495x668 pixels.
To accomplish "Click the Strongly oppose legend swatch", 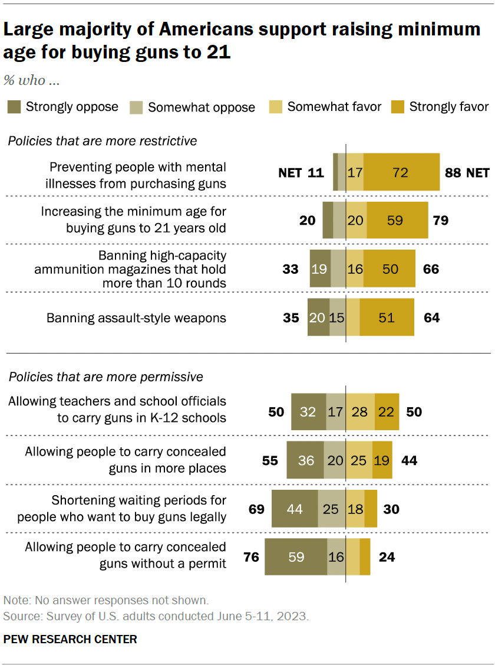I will [15, 107].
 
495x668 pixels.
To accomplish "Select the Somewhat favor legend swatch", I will [276, 107].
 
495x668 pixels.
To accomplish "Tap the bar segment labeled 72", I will [401, 173].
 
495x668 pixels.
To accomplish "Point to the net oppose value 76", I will [252, 556].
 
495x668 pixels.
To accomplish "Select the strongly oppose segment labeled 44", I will [294, 509].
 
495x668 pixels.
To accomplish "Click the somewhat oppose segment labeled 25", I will [331, 509].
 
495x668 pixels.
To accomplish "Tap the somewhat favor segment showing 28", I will [359, 411].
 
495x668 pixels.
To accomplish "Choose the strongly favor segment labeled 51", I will [387, 317].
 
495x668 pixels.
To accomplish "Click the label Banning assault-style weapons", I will [137, 317].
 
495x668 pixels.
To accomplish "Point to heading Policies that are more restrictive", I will [102, 141].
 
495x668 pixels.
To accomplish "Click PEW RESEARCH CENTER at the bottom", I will [70, 639].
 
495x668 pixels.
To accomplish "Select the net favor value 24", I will [387, 556].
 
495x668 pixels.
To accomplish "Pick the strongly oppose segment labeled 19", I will [320, 269].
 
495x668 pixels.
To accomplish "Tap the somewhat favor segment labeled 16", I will [354, 269].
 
